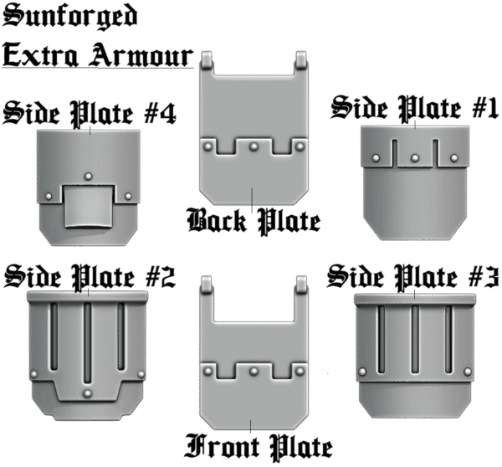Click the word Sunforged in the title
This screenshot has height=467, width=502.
[x=69, y=16]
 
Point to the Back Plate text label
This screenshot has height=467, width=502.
[x=254, y=221]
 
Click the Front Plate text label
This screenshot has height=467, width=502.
[x=259, y=447]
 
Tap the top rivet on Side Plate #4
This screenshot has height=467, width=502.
[x=89, y=177]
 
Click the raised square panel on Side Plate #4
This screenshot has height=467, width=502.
[x=89, y=206]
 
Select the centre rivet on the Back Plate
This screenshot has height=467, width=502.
[x=254, y=147]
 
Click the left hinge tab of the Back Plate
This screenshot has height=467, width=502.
[x=207, y=59]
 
